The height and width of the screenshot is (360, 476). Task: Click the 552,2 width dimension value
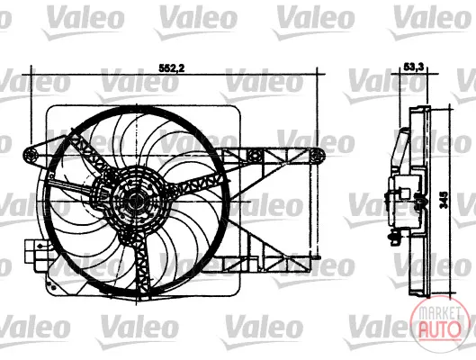click(x=172, y=68)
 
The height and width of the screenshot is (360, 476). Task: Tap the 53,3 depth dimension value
click(x=414, y=67)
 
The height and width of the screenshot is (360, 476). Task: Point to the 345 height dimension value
click(x=445, y=200)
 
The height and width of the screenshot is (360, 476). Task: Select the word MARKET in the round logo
click(x=439, y=313)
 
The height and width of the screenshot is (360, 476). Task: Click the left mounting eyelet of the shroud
click(x=31, y=156)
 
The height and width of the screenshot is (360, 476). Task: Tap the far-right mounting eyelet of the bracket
click(x=317, y=156)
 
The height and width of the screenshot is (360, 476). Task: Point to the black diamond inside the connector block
click(x=40, y=246)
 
